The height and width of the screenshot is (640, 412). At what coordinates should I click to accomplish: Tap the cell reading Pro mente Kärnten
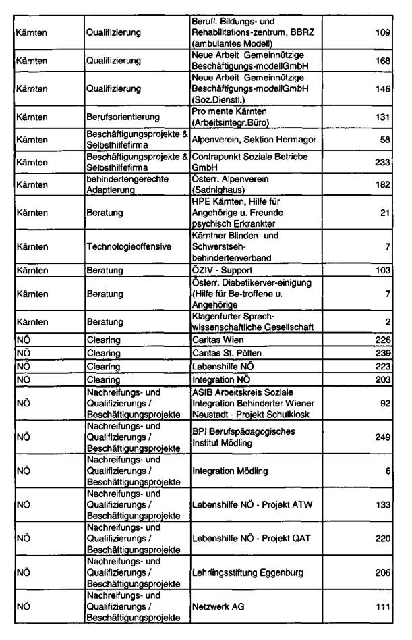pyautogui.click(x=231, y=117)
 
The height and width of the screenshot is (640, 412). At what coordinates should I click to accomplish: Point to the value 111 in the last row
pyautogui.click(x=383, y=608)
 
